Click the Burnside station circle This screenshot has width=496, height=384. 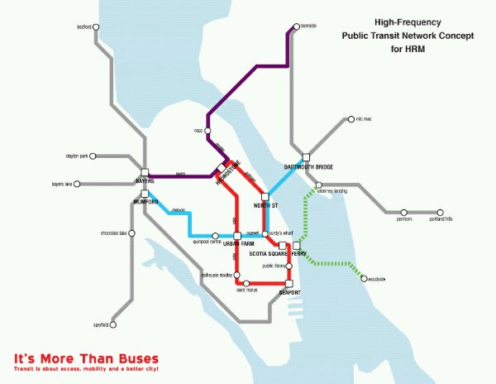click(294, 27)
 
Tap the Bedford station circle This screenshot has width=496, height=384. click(97, 27)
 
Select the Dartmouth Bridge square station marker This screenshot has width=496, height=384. click(305, 156)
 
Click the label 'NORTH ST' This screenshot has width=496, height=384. click(266, 204)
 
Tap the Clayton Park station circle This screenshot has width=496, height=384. click(95, 155)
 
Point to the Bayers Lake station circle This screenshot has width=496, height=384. click(81, 184)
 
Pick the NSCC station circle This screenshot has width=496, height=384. click(208, 130)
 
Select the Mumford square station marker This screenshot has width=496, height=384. click(144, 194)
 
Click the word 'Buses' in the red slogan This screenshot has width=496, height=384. click(131, 358)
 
